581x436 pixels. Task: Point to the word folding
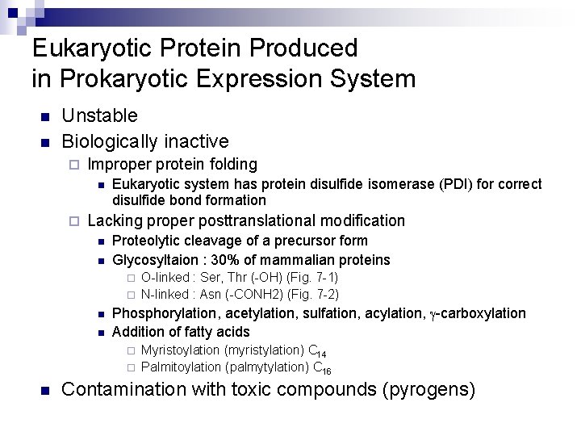[x=228, y=165]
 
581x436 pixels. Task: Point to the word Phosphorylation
[x=161, y=313]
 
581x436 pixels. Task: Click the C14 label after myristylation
[x=317, y=351]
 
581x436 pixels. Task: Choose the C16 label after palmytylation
[x=321, y=369]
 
